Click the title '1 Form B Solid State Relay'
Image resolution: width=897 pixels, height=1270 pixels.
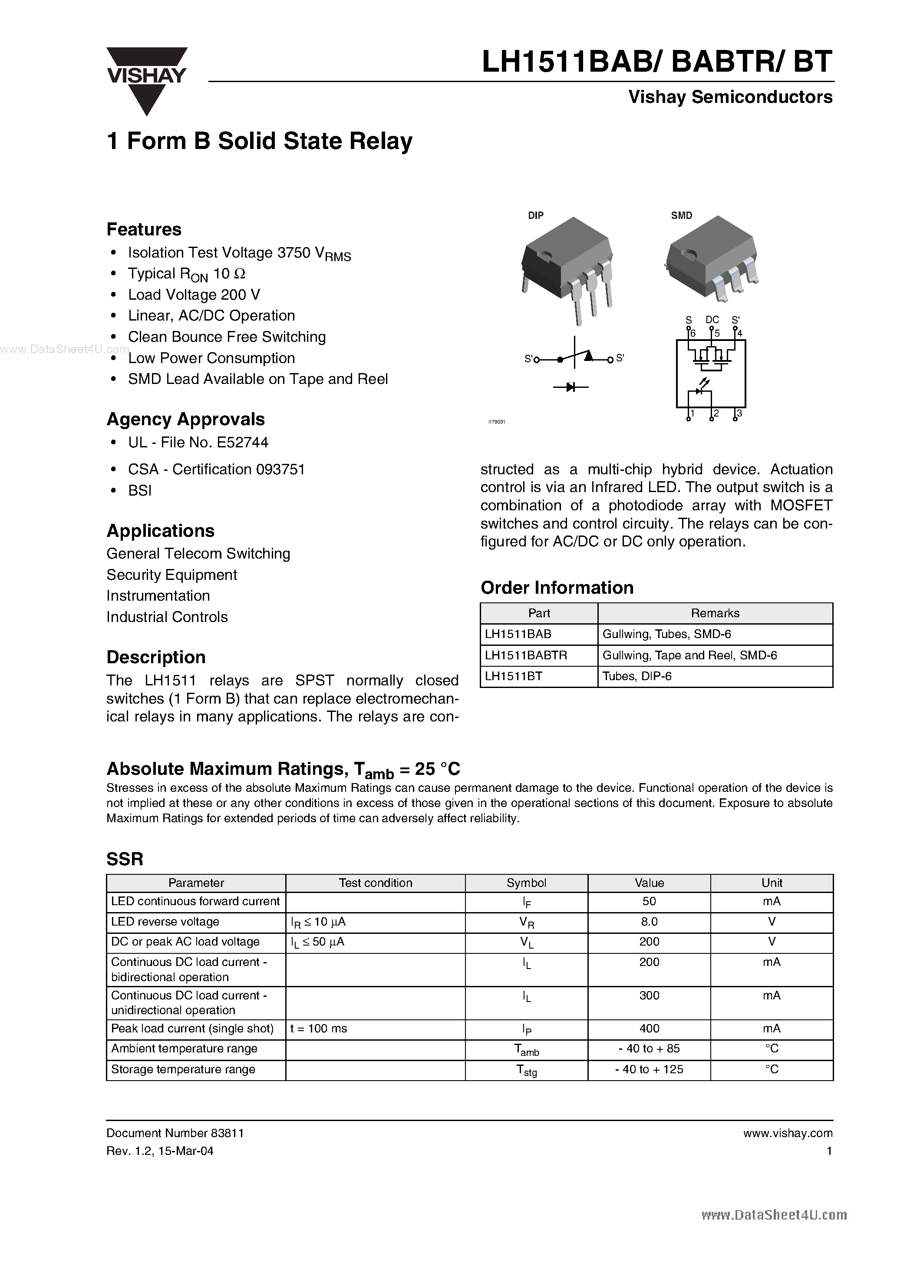click(x=259, y=141)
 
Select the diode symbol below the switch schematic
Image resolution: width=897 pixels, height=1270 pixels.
click(x=571, y=387)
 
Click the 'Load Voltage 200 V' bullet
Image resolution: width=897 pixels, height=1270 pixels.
click(x=194, y=295)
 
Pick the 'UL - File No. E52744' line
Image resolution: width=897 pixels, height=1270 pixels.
click(x=198, y=443)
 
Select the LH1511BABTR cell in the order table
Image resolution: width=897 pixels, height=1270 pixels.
click(x=526, y=655)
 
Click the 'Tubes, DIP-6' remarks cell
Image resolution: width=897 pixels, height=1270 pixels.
click(x=637, y=677)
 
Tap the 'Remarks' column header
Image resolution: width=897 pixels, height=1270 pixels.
click(x=715, y=613)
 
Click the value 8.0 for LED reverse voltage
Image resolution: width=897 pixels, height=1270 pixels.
click(x=649, y=922)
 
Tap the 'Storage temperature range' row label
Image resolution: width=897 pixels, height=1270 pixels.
click(x=183, y=1069)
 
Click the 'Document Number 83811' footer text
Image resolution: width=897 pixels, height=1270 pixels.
click(x=175, y=1133)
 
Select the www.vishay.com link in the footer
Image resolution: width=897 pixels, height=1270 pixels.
click(x=788, y=1133)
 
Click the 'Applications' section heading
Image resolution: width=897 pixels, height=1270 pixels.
click(x=160, y=531)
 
